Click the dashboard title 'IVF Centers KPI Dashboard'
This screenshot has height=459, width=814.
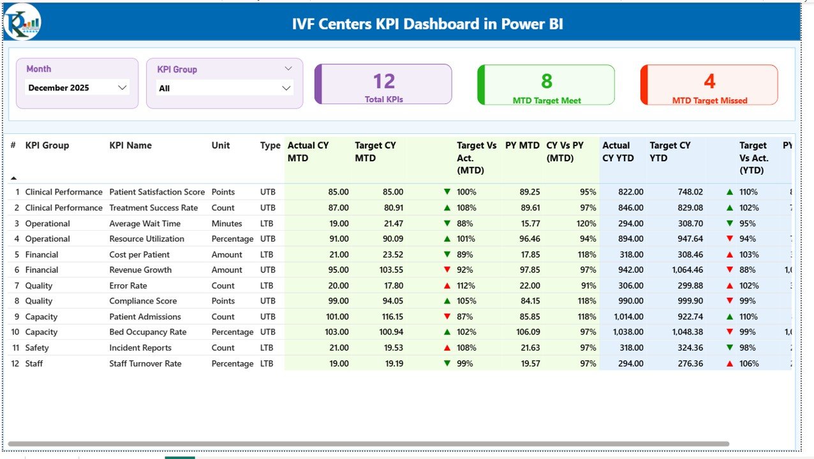tap(427, 24)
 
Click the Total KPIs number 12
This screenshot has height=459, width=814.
tap(383, 81)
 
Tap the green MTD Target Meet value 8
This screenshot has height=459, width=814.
tap(547, 81)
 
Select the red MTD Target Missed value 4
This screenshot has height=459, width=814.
tap(709, 81)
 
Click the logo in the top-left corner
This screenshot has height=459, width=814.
tap(22, 22)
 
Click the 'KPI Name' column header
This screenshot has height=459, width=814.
tap(130, 145)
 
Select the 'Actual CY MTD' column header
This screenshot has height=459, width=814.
tap(308, 151)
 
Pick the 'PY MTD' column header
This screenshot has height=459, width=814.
tap(522, 145)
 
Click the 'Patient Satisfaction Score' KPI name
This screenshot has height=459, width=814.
tap(157, 192)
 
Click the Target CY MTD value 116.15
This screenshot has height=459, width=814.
tap(389, 317)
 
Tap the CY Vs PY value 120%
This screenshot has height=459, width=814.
tap(585, 223)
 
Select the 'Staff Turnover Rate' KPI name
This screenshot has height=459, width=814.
tap(145, 363)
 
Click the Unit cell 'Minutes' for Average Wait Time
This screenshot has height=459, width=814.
tap(226, 223)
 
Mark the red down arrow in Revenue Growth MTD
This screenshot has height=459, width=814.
tap(447, 270)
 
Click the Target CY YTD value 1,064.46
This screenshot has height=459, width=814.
tap(687, 270)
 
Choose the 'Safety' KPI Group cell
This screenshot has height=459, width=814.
tap(37, 347)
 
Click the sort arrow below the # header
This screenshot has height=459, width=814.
tap(13, 178)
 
